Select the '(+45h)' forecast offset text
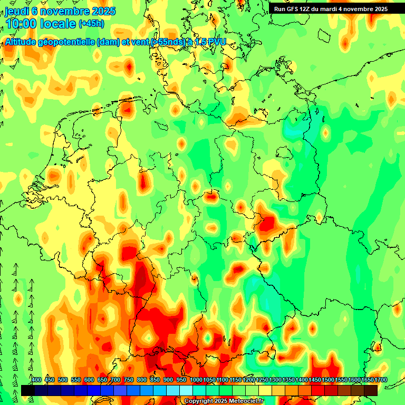92,24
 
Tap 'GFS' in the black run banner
293,9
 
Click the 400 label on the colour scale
36,380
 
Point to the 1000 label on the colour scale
196,380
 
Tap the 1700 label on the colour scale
367,380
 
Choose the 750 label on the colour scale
129,380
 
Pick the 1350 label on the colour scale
288,380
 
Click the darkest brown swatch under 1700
371,390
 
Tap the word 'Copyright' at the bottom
199,401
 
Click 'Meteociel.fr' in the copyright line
246,401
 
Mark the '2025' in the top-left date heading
104,11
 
